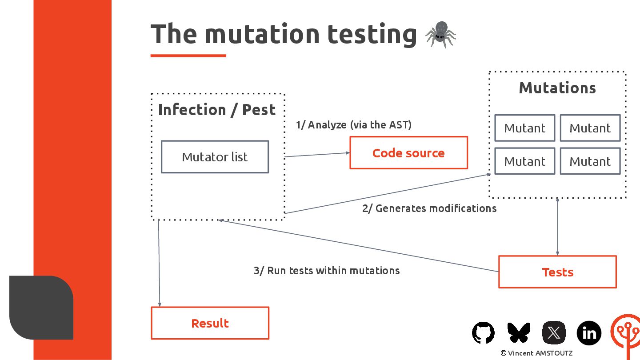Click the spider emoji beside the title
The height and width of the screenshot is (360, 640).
(x=440, y=35)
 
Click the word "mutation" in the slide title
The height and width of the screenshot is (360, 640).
(x=262, y=34)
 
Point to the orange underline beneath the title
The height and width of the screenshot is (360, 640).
(x=188, y=56)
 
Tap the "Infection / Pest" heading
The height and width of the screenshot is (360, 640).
(x=217, y=110)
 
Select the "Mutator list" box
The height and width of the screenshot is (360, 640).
(x=215, y=157)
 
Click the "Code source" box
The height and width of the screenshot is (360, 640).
(x=408, y=153)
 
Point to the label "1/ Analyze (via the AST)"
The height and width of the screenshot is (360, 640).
(x=354, y=125)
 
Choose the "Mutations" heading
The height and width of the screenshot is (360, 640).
(x=557, y=88)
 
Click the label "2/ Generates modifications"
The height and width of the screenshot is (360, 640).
(x=429, y=208)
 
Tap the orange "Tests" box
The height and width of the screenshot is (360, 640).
(x=557, y=272)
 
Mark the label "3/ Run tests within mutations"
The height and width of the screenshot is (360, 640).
(x=327, y=270)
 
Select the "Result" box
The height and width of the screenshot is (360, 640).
(x=210, y=323)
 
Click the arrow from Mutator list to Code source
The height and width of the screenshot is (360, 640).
(x=317, y=155)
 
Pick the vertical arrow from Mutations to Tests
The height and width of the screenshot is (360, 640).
(x=557, y=227)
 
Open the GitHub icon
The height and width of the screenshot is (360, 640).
(x=483, y=332)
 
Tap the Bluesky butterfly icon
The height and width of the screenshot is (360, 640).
(x=519, y=332)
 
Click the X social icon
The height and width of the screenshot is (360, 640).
(x=554, y=332)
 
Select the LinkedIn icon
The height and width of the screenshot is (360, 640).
(x=589, y=332)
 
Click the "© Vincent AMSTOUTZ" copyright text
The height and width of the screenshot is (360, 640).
(x=536, y=353)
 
